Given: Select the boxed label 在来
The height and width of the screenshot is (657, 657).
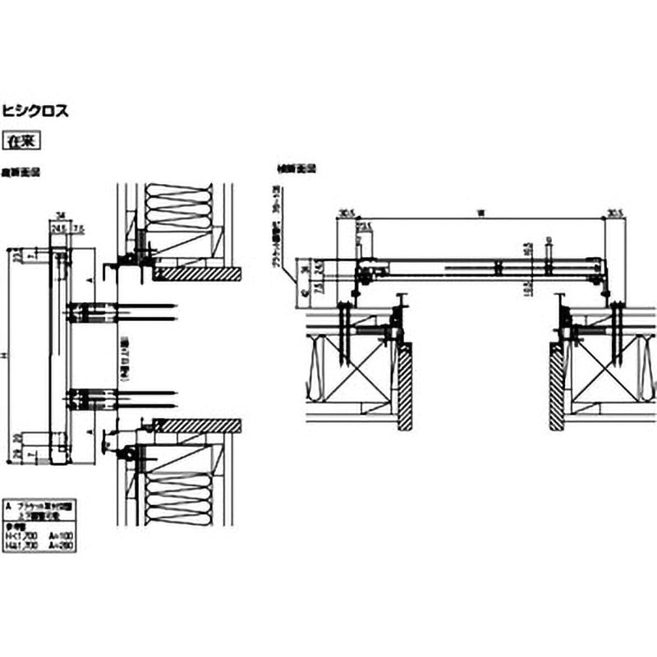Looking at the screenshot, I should [x=23, y=141].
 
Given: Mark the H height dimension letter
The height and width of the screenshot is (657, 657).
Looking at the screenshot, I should [x=7, y=355].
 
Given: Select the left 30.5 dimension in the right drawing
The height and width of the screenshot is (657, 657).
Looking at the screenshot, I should [x=344, y=214].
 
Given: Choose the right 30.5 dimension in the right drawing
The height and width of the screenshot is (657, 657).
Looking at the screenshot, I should [x=614, y=214].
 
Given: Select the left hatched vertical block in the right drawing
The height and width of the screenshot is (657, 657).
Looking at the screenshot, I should [x=404, y=386].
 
